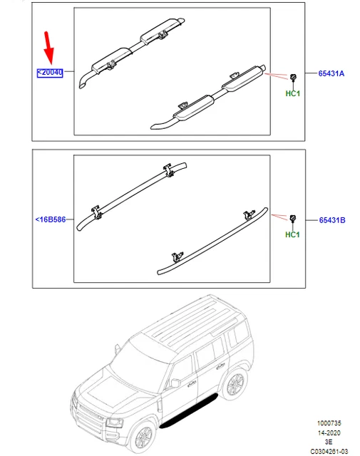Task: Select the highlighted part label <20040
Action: click(x=50, y=73)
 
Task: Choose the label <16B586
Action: click(x=50, y=220)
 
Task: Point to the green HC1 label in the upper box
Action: click(x=292, y=93)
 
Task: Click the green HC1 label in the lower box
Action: click(x=292, y=235)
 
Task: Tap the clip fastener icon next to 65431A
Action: click(x=292, y=76)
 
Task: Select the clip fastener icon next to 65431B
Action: click(x=292, y=218)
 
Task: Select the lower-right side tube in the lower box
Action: click(x=214, y=239)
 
